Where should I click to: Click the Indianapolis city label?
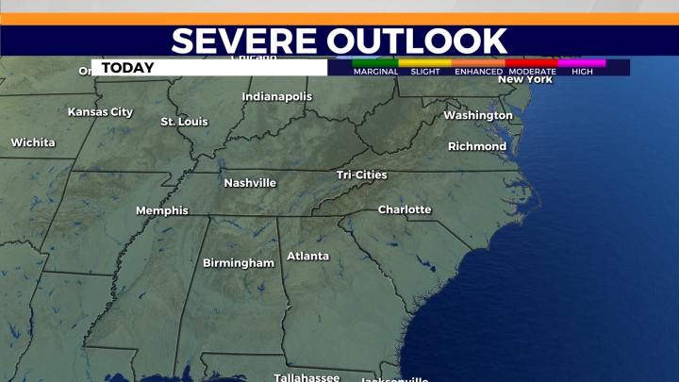(276, 96)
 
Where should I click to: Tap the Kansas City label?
(100, 111)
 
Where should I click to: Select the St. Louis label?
(184, 122)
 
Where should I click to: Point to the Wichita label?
(33, 142)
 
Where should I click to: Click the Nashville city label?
(250, 182)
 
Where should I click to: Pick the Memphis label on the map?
(162, 210)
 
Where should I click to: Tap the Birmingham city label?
(239, 263)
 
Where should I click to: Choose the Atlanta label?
(307, 256)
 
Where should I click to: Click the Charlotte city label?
(405, 209)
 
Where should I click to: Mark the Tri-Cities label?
(362, 174)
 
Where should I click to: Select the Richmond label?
(477, 146)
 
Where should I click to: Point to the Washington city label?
(478, 115)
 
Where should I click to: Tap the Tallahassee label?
(306, 376)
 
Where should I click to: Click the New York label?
(525, 79)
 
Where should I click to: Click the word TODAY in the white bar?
(127, 67)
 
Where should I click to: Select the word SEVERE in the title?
(243, 41)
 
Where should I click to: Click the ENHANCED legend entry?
(478, 72)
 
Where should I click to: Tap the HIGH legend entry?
(582, 72)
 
